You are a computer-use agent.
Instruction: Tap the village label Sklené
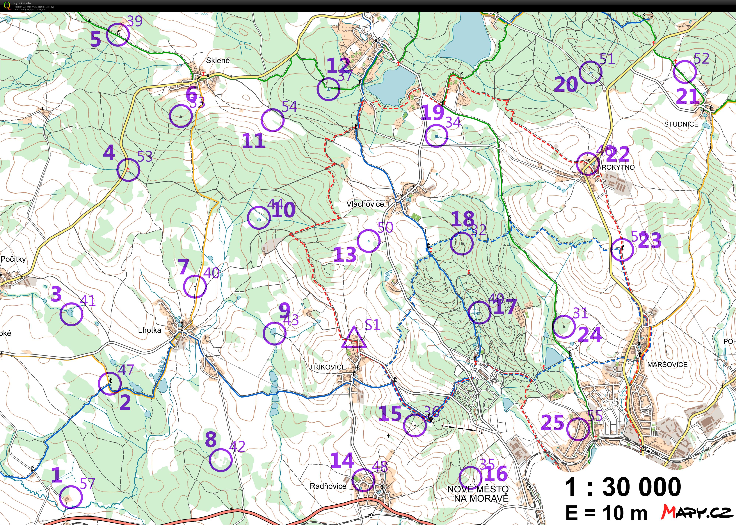(218, 60)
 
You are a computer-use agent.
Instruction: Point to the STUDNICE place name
(681, 124)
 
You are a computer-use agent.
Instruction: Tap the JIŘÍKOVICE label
(327, 367)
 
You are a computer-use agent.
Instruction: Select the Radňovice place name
(328, 486)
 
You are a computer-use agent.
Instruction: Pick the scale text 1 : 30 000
(623, 487)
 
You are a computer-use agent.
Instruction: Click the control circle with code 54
(273, 120)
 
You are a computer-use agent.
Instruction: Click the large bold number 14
(342, 461)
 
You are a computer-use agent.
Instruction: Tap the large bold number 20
(566, 85)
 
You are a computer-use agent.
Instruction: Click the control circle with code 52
(685, 72)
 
